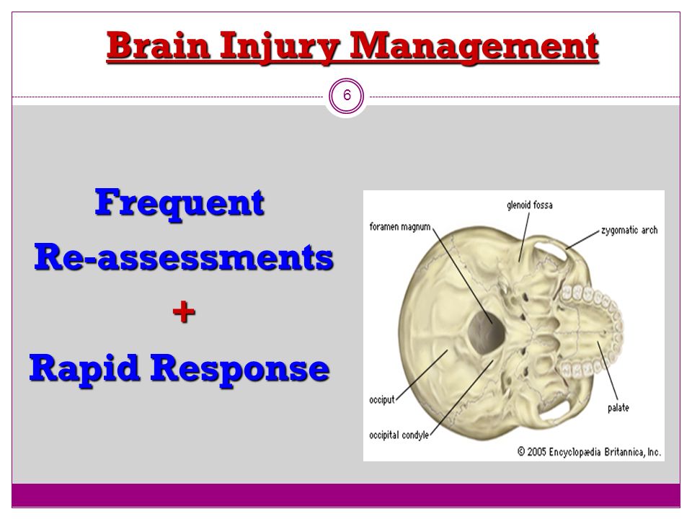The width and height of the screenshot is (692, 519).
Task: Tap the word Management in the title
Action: (x=474, y=48)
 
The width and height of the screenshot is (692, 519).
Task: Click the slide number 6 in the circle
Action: (x=347, y=95)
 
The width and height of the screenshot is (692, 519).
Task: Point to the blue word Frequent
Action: (x=179, y=203)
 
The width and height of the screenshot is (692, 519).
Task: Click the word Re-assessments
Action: (x=184, y=257)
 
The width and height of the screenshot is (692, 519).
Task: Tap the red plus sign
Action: (x=184, y=312)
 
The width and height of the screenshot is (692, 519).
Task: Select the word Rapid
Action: (x=85, y=368)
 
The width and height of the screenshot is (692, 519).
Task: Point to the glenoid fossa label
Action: (x=530, y=205)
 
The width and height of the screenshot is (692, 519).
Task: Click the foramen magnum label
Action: (x=400, y=227)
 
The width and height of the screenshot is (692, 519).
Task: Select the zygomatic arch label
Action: (x=629, y=230)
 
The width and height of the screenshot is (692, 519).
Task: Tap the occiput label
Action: (x=382, y=400)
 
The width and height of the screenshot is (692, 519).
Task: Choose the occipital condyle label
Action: (x=399, y=435)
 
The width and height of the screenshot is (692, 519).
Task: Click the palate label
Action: (x=618, y=408)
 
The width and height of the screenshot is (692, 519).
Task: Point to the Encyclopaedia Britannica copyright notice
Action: (x=589, y=451)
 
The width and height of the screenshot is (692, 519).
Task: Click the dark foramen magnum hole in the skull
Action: (x=485, y=332)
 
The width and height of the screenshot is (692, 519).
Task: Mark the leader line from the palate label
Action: (x=608, y=371)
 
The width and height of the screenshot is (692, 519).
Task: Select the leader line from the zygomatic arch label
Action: (x=583, y=239)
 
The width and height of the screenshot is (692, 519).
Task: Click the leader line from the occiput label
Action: (x=422, y=375)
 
